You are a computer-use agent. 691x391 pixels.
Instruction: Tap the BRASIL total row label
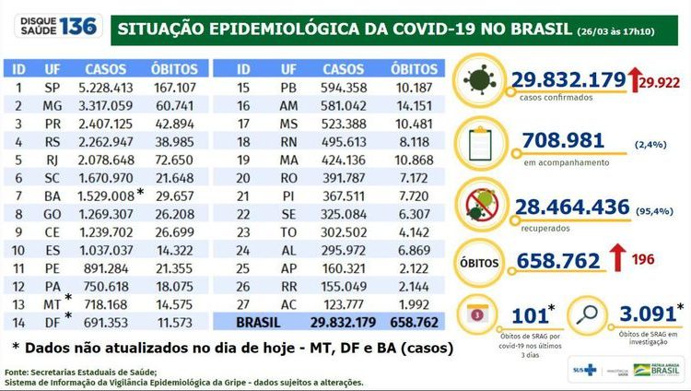261,321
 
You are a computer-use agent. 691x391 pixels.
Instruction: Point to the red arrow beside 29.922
635,80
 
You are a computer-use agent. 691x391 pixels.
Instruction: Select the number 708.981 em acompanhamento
562,140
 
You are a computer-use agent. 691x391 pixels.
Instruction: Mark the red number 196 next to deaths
643,259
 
